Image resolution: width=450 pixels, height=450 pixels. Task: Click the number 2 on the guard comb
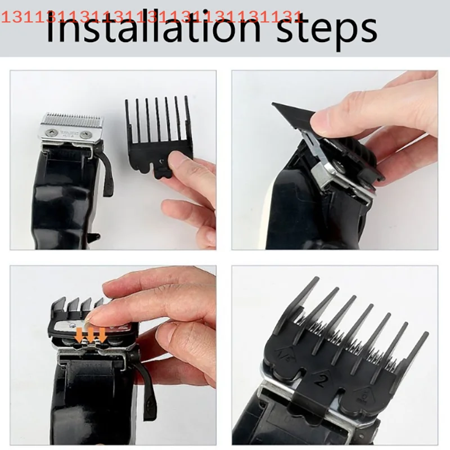pos(321,381)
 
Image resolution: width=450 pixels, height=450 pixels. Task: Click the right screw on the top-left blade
pos(85,134)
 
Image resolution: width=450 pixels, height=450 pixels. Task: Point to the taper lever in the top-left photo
pos(106,169)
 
